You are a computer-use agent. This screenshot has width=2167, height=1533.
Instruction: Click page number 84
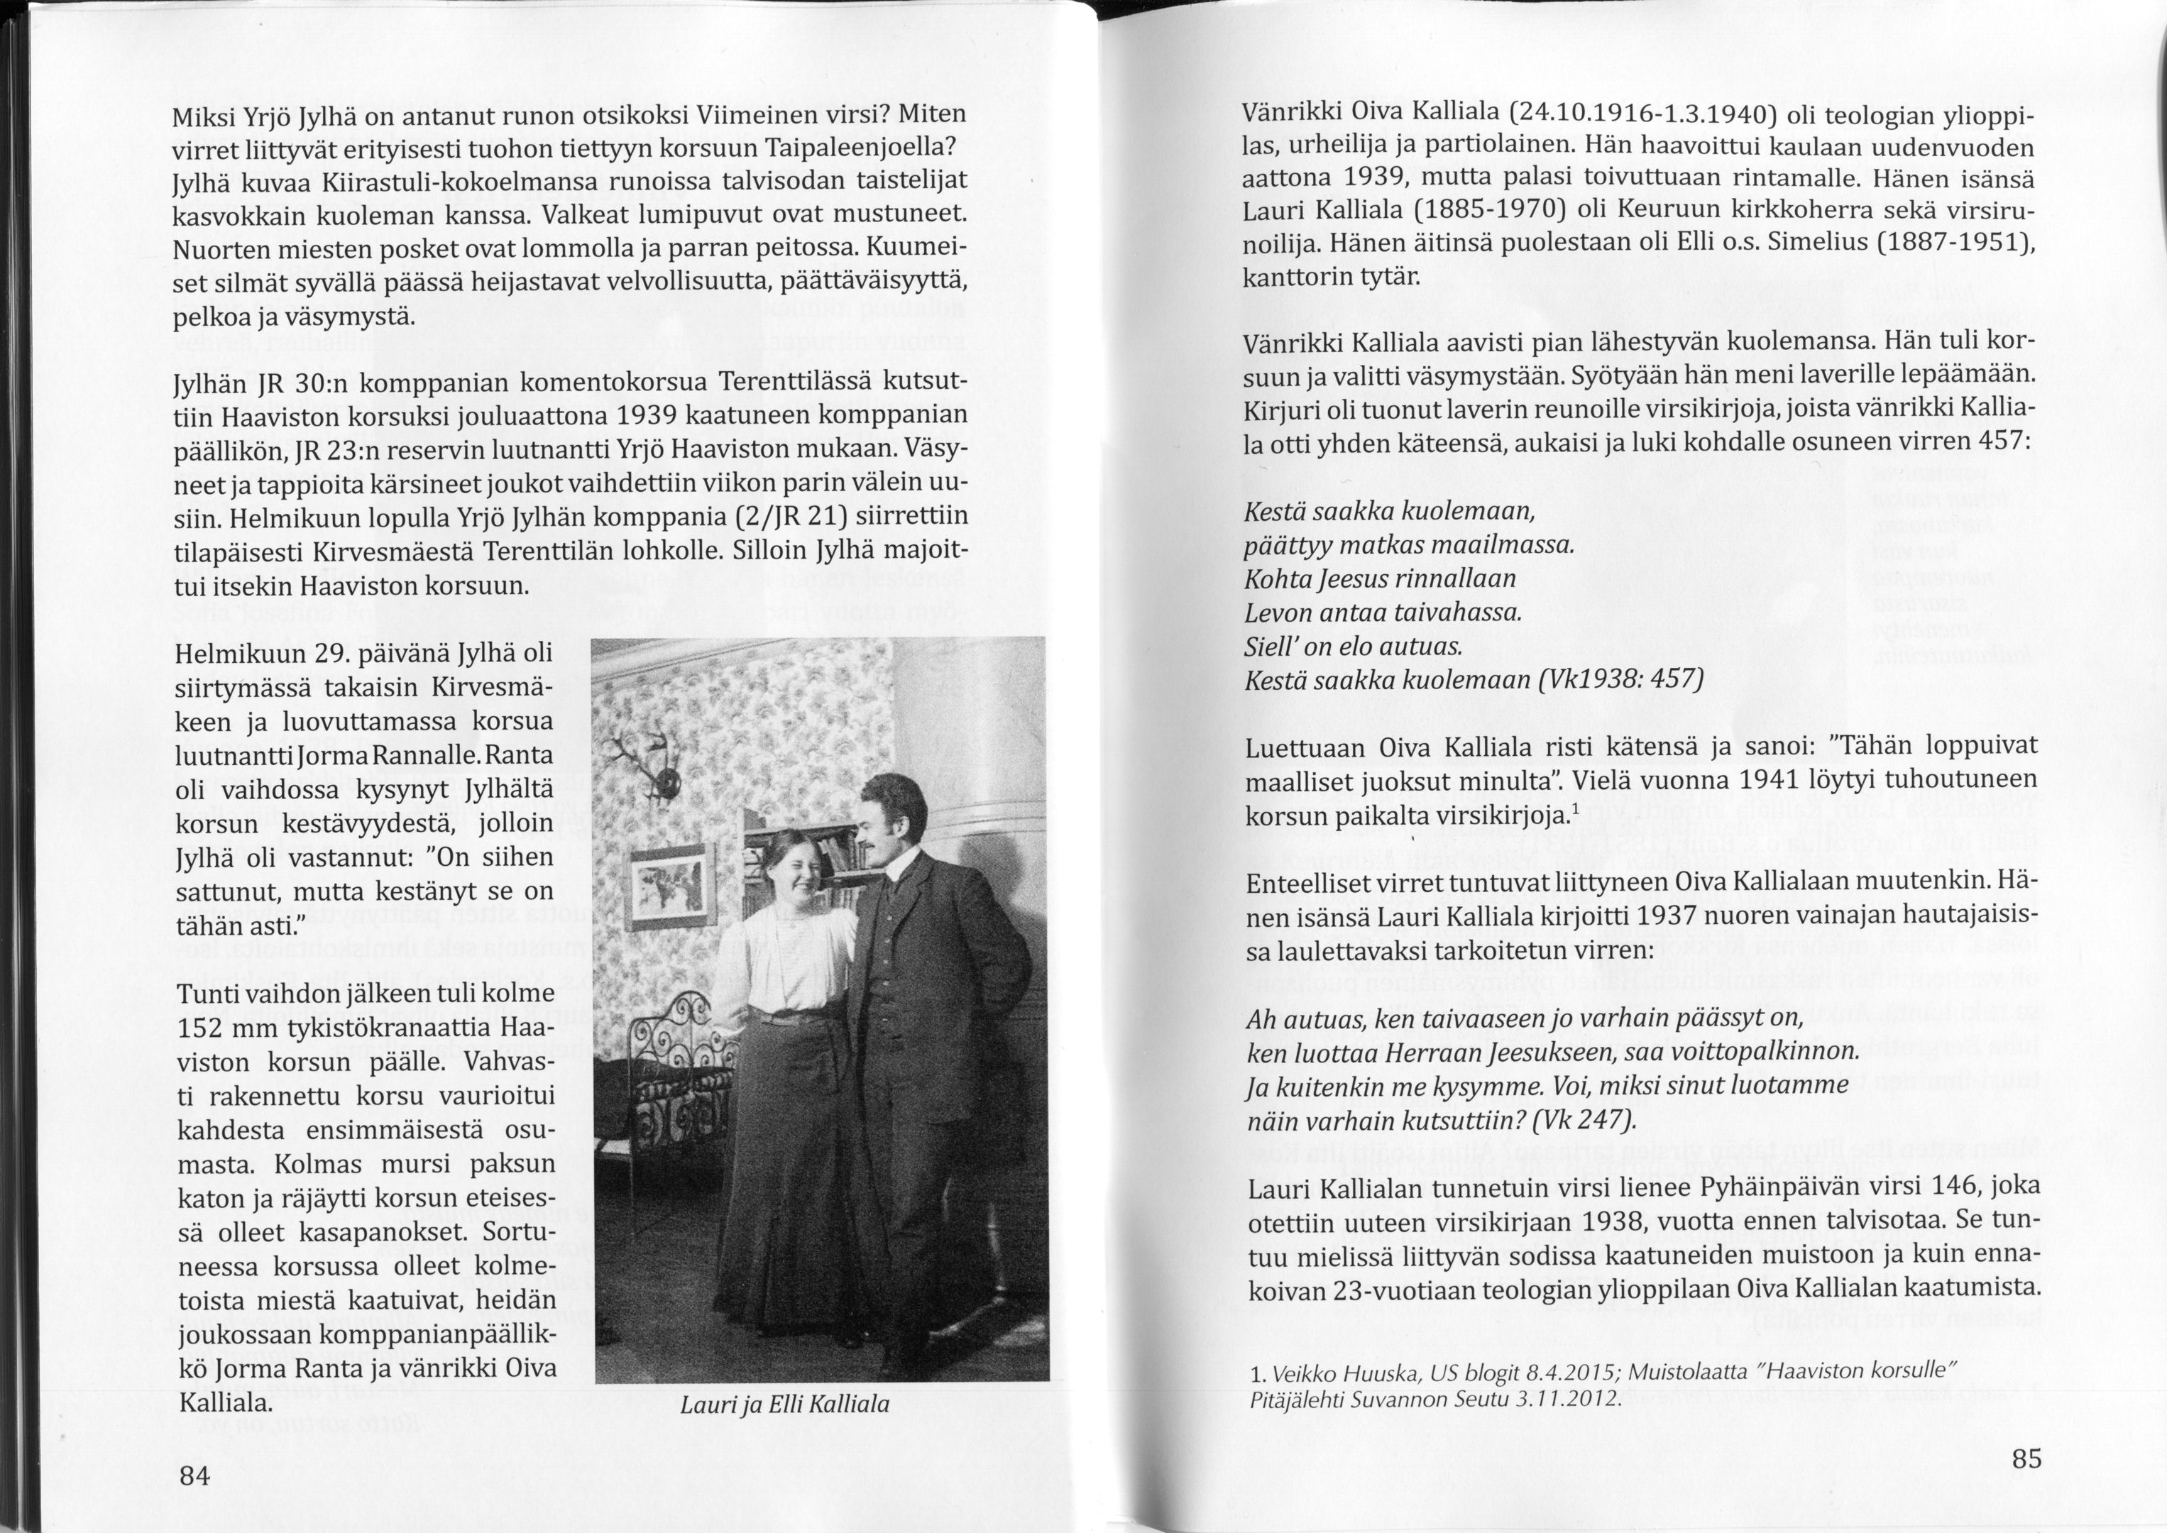click(194, 1476)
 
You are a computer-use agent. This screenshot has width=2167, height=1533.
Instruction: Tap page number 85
click(2026, 1458)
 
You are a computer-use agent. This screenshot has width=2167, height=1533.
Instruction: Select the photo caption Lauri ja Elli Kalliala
click(784, 1405)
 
